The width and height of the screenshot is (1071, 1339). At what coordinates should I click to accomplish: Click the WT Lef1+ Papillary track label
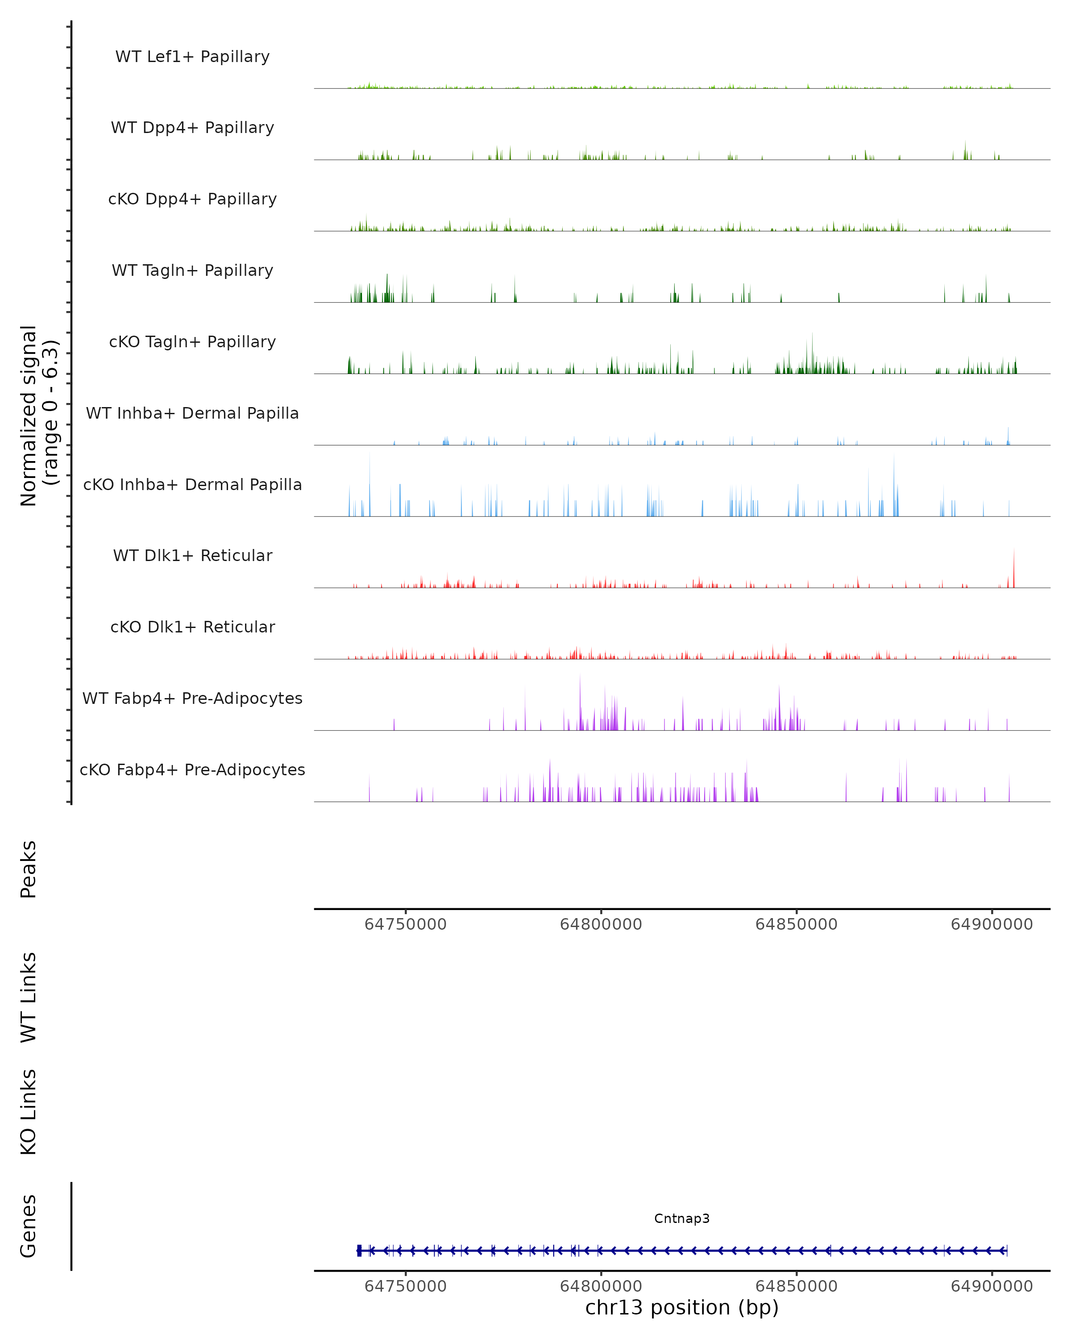coord(192,57)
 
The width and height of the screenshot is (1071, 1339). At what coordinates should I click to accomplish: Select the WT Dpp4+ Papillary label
coord(192,128)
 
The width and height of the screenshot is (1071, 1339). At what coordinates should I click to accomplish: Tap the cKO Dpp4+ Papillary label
coord(192,200)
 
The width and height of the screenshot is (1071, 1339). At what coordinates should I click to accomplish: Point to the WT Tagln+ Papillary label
coord(192,271)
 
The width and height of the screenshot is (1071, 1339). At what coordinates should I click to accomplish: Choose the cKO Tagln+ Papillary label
coord(192,342)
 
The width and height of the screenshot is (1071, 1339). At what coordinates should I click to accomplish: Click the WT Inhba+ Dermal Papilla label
coord(192,414)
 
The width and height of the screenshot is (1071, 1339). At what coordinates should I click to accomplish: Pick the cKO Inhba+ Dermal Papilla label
coord(192,485)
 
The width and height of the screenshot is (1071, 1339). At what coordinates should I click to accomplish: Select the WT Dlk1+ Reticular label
coord(192,556)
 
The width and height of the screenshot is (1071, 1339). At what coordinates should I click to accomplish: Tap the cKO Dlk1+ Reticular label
coord(192,627)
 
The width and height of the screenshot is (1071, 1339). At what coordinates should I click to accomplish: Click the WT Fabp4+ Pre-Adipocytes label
coord(192,699)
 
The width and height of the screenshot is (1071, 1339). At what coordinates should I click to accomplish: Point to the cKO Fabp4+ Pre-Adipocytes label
coord(192,770)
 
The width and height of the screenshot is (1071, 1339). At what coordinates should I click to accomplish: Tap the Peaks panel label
coord(29,869)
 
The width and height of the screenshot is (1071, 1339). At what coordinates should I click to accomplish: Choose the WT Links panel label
coord(29,997)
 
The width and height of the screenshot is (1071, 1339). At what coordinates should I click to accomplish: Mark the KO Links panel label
coord(29,1112)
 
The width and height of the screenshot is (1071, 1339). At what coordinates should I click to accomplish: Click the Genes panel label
coord(29,1226)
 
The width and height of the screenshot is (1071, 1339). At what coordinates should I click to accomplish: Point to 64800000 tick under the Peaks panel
coord(601,924)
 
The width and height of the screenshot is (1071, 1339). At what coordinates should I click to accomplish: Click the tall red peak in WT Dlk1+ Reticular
coord(1014,568)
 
